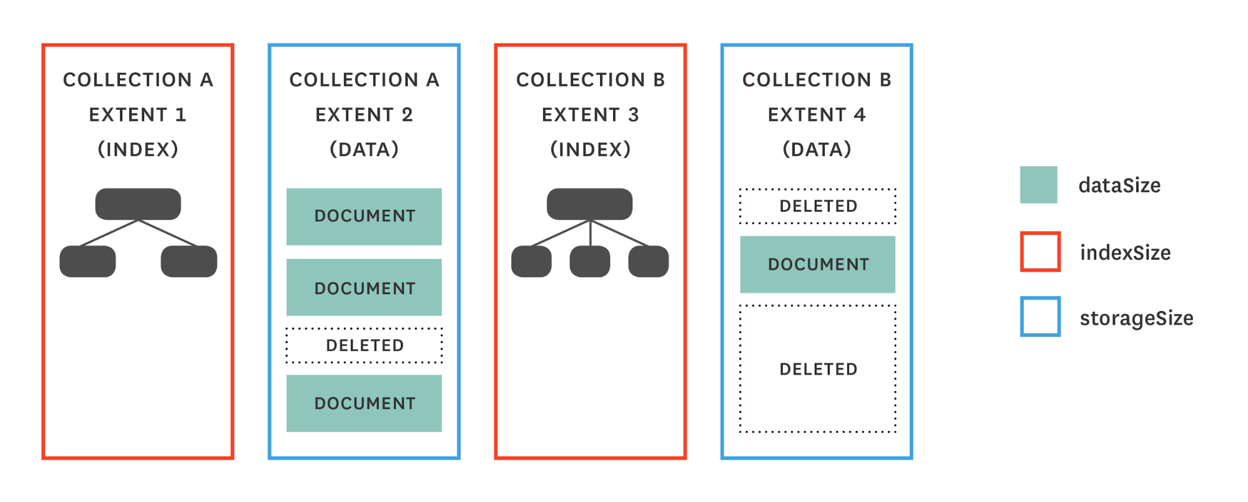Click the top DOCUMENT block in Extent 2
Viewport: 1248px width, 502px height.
pos(364,216)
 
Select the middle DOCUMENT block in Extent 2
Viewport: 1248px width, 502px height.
pos(364,287)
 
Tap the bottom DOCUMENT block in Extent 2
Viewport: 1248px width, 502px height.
pos(364,403)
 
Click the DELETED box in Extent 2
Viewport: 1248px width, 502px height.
pos(364,345)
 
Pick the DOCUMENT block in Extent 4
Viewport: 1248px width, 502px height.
pos(817,264)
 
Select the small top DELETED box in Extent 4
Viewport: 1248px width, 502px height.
pos(817,206)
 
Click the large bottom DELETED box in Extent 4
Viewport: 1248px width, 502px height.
pos(817,368)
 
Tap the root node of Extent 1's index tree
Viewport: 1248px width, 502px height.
pos(138,204)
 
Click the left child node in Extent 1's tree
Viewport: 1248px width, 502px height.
pos(87,261)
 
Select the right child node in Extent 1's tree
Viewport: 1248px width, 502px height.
pos(189,261)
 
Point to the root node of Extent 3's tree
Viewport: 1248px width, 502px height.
pos(589,204)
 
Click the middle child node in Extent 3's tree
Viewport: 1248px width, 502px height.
pos(589,261)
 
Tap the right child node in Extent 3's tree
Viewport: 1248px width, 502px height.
pos(648,261)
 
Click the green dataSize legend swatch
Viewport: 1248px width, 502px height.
pos(1038,185)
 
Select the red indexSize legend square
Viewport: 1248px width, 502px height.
pos(1040,252)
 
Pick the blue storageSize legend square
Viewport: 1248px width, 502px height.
pos(1040,317)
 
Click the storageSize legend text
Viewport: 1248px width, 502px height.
pos(1136,318)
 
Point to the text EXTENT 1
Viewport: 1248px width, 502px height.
pos(138,115)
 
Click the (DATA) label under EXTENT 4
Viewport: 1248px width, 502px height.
pos(817,149)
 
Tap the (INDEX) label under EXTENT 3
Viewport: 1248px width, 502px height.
pos(590,149)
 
